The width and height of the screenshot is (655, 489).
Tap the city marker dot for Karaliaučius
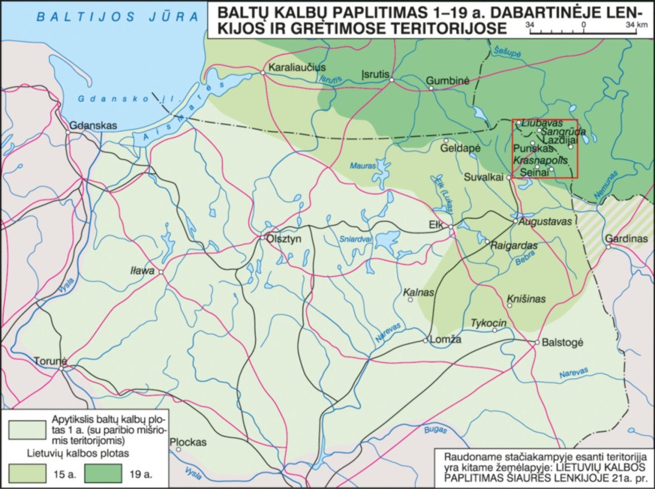(263, 73)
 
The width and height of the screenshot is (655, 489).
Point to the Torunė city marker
(62, 367)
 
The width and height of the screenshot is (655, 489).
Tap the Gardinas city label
(629, 238)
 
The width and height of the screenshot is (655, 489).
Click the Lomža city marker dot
(425, 340)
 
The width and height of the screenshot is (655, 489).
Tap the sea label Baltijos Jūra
(117, 17)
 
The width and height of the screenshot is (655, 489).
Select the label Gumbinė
(448, 81)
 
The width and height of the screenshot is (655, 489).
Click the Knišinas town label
(526, 300)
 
